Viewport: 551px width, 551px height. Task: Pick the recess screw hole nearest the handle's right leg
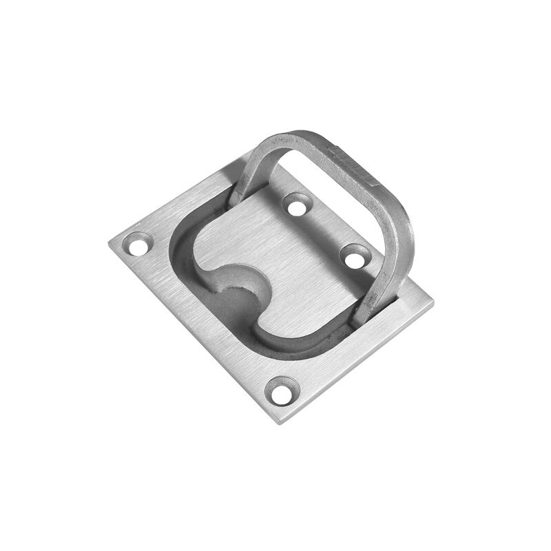pos(354,256)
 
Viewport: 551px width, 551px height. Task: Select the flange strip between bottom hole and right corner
pos(358,344)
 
